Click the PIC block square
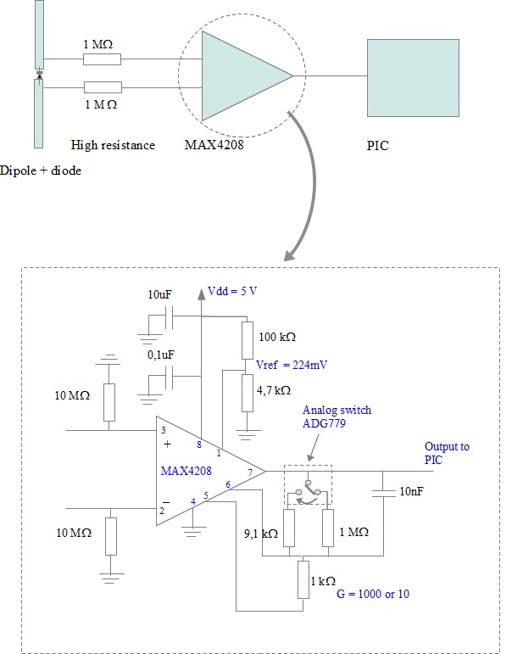[x=412, y=77]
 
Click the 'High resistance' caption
[x=113, y=145]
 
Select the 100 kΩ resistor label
[x=276, y=336]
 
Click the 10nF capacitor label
[x=413, y=491]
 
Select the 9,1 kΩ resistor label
[x=259, y=534]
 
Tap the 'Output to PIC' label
[x=446, y=453]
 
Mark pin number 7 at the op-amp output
[x=250, y=472]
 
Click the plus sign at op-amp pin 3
[x=166, y=443]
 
